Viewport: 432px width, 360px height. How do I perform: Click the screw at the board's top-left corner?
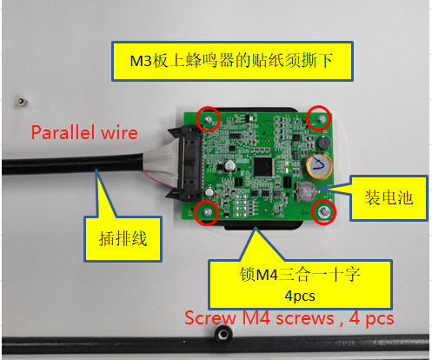click(x=208, y=119)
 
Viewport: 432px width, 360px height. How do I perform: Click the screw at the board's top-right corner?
click(x=322, y=119)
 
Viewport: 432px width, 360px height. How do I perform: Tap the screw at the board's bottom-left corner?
click(x=207, y=212)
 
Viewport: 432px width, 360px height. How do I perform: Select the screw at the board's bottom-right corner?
click(x=324, y=212)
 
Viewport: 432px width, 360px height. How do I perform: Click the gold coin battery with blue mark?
click(x=319, y=167)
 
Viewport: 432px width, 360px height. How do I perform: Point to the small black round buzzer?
click(x=324, y=143)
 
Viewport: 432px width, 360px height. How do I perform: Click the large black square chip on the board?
click(x=263, y=167)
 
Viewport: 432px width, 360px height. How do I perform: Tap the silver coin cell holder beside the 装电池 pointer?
click(x=307, y=191)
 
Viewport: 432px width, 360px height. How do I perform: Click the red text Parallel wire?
click(x=84, y=132)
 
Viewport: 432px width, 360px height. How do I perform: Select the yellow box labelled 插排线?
click(x=123, y=239)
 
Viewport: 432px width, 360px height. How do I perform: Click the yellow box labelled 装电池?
click(x=389, y=198)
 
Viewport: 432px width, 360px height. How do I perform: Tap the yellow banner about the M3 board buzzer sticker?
click(x=232, y=61)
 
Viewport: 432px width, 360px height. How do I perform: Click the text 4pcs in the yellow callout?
click(x=300, y=296)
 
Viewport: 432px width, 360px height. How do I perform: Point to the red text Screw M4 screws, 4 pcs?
click(x=289, y=318)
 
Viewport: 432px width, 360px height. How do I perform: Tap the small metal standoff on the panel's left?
click(x=21, y=102)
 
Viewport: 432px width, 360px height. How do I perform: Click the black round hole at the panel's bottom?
click(x=223, y=334)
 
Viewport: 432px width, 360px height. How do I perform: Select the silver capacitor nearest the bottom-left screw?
click(x=210, y=192)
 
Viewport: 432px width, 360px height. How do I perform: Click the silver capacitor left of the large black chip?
click(x=229, y=165)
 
